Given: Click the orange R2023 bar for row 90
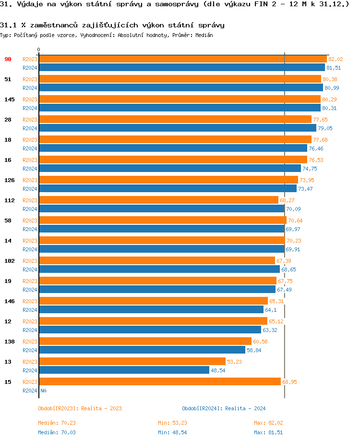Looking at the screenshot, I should tap(182, 59).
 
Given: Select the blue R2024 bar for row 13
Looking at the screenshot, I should tap(124, 370).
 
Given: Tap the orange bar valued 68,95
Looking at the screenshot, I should tap(159, 381).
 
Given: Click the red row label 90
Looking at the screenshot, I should tap(8, 59).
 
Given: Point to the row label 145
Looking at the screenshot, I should tap(10, 99).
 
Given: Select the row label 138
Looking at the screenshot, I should tap(10, 342).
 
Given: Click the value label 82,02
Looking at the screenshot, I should tap(336, 59).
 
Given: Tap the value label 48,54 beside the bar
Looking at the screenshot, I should tap(218, 370).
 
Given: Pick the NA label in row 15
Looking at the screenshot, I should tap(43, 391).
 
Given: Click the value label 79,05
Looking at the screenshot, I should tap(325, 128).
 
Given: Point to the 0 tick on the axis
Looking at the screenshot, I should tap(39, 49).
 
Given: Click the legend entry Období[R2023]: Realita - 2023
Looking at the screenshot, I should tap(80, 408).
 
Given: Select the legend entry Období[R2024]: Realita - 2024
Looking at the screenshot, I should tap(224, 408).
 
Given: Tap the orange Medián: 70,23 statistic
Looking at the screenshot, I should tap(57, 423).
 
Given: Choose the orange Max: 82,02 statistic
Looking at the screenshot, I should tap(268, 423).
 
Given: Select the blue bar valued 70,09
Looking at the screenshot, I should tap(162, 209).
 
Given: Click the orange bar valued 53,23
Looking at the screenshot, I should tap(132, 361).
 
